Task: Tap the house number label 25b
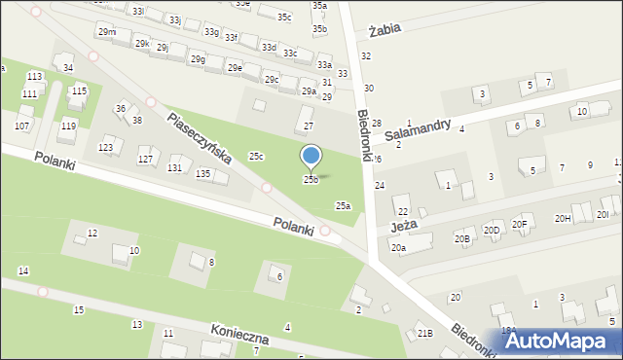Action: (x=311, y=179)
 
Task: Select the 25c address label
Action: (x=256, y=156)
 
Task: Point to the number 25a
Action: (x=343, y=205)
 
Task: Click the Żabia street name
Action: (x=385, y=30)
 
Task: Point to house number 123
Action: (x=106, y=147)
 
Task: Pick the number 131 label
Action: (x=174, y=167)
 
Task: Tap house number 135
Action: (x=202, y=173)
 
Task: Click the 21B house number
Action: (x=425, y=333)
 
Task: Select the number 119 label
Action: (x=68, y=126)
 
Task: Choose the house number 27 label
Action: (x=309, y=126)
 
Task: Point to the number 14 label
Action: (x=23, y=270)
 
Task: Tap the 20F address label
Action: (x=519, y=224)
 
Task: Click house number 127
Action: (x=145, y=159)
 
